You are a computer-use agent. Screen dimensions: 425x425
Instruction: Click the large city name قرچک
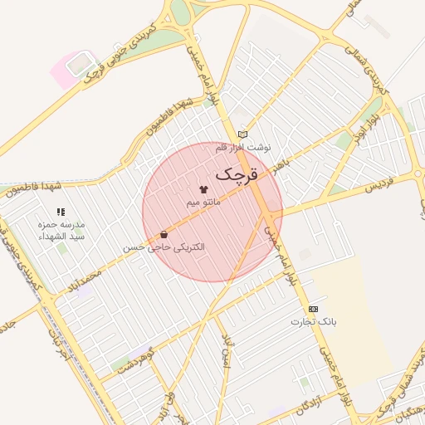pos(237,174)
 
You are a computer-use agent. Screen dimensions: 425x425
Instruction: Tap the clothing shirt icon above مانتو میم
pos(203,190)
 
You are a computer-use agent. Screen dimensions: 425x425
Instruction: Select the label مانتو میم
pos(203,203)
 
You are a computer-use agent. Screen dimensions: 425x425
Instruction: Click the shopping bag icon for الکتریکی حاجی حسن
pos(164,234)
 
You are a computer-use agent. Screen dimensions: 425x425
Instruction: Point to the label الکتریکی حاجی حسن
pos(164,247)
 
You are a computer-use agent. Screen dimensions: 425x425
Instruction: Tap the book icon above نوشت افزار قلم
pos(242,134)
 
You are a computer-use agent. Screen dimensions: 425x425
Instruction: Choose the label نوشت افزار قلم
pos(243,147)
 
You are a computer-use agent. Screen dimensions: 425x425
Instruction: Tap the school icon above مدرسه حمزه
pos(60,212)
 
